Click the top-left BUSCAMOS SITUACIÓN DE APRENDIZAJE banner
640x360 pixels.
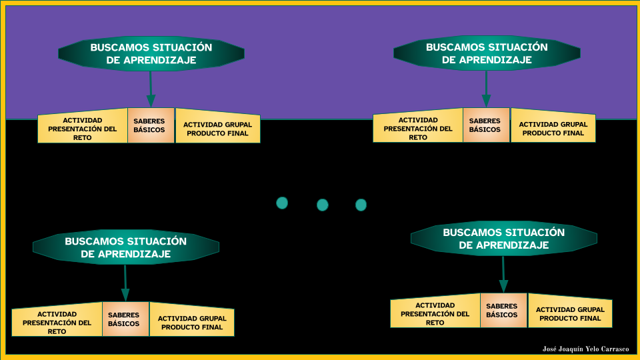coord(151,53)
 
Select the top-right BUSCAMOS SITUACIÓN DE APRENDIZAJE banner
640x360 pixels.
coord(487,53)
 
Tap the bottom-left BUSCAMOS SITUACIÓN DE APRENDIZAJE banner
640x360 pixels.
coord(125,247)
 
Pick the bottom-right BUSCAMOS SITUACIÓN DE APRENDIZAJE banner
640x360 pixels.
coord(504,239)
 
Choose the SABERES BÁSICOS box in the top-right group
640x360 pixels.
coord(486,125)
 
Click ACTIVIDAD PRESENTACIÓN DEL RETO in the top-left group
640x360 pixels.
coord(83,128)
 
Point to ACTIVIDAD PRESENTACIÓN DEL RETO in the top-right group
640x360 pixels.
coord(418,128)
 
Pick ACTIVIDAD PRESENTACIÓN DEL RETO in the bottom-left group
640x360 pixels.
coord(57,322)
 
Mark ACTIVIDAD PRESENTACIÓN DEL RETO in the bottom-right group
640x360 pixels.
coord(435,313)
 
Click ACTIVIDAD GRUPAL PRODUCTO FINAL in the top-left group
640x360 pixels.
coord(217,129)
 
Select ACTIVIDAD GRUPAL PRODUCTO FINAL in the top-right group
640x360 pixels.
coord(553,128)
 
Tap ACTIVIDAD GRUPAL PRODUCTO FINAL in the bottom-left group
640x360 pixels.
coord(192,323)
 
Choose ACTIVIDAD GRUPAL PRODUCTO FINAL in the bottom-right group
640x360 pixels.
coord(570,314)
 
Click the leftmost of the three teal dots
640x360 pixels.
coord(282,203)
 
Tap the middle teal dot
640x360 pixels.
coord(323,205)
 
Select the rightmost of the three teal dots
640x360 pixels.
coord(361,205)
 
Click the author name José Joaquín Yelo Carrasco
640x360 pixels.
coord(586,349)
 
